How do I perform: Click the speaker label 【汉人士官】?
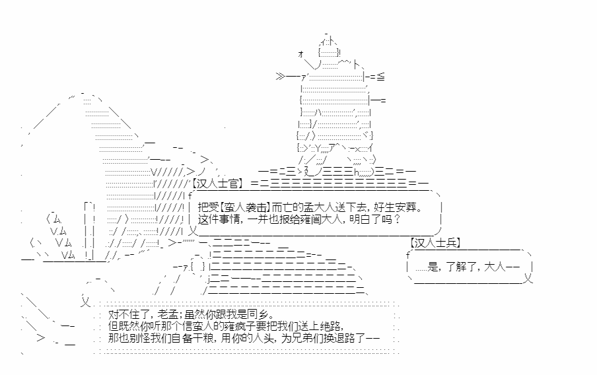coord(217,184)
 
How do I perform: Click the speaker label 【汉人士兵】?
coord(435,242)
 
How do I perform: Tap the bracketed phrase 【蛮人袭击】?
coord(246,207)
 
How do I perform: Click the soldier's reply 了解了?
coord(461,267)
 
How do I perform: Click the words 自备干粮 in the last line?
coord(193,338)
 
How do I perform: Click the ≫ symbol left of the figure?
coord(281,77)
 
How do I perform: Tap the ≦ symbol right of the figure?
coord(380,77)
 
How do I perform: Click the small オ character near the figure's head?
coord(300,54)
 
